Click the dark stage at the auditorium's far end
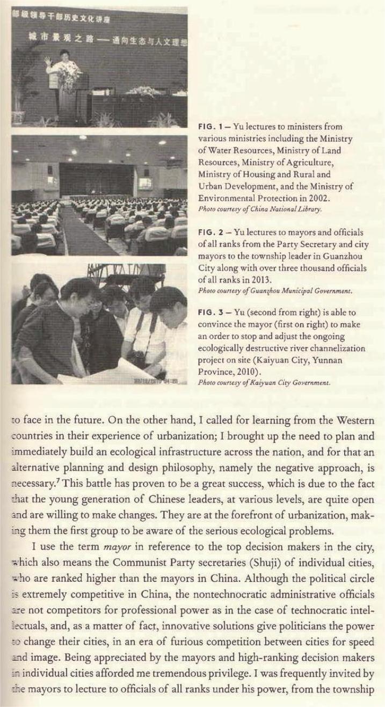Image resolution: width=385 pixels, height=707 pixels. [x=97, y=180]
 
